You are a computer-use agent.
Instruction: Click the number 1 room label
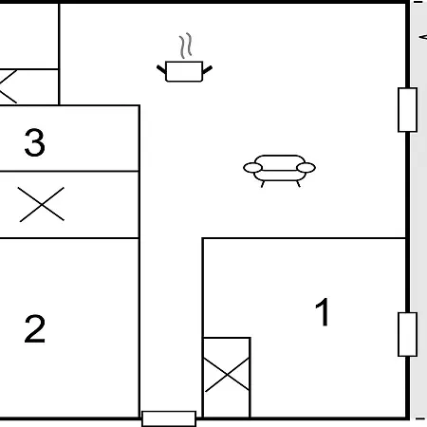(323, 312)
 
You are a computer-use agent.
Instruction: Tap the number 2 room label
(35, 329)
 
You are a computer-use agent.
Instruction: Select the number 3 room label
(35, 142)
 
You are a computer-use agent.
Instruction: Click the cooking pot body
(184, 71)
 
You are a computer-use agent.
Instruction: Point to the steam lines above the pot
(186, 46)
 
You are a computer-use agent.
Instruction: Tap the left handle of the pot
(161, 69)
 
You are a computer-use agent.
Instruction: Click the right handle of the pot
(207, 69)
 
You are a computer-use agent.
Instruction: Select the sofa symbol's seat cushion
(280, 176)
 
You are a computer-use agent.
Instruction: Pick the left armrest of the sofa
(252, 168)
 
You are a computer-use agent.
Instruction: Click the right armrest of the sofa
(306, 168)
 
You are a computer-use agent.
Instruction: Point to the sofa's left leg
(263, 184)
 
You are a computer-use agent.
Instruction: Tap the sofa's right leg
(298, 184)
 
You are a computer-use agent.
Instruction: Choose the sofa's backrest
(280, 159)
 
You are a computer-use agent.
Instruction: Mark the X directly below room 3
(42, 205)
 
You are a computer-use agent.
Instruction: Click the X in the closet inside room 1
(227, 375)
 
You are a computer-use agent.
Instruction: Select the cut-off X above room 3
(7, 86)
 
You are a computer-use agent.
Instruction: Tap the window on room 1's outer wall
(407, 334)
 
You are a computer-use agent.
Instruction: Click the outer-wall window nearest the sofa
(407, 110)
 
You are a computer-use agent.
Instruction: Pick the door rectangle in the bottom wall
(169, 418)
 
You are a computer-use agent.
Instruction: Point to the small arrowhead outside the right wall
(423, 37)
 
